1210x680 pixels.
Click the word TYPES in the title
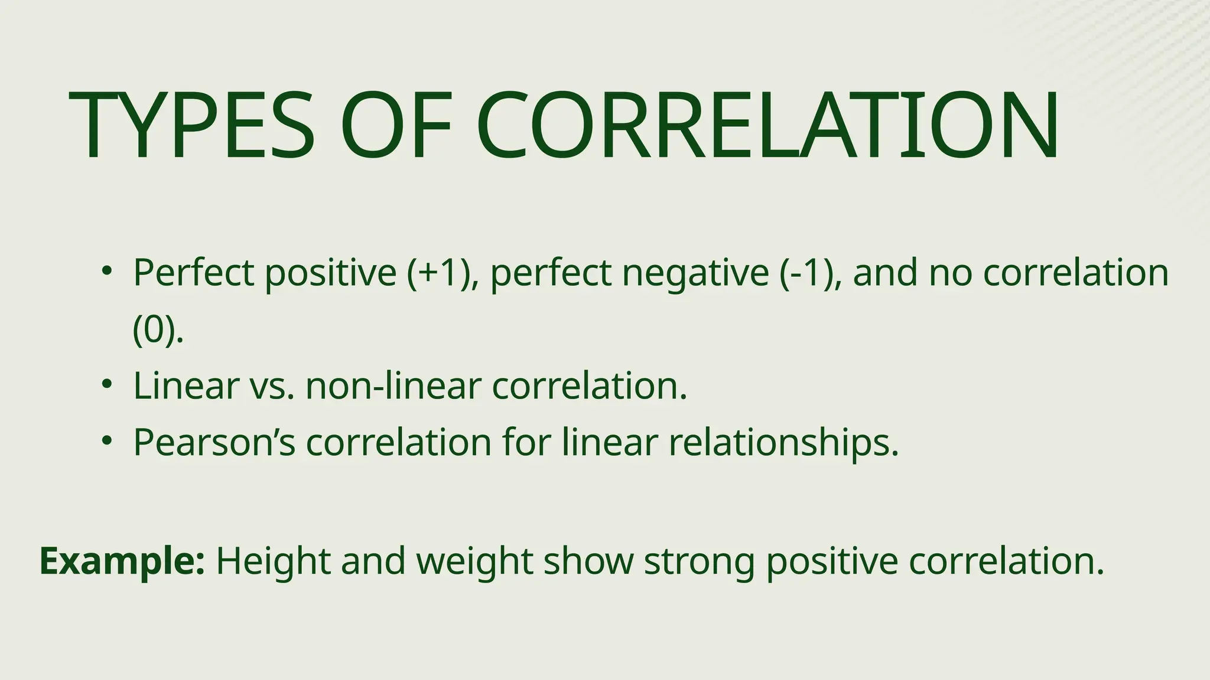[x=192, y=126]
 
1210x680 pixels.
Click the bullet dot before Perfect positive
[x=106, y=271]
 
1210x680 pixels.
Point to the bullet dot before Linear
[x=106, y=384]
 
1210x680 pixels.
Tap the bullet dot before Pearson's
[x=106, y=440]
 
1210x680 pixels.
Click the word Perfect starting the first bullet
[x=193, y=273]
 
